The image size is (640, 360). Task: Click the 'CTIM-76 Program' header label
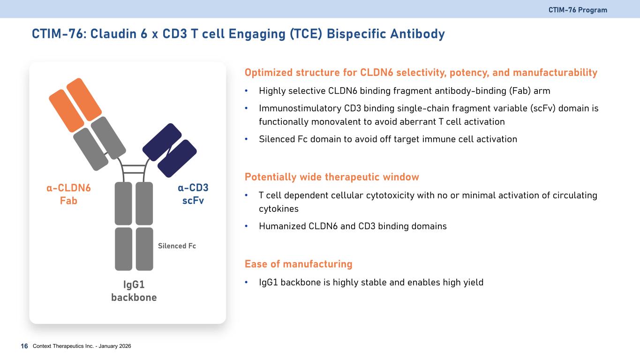coord(578,10)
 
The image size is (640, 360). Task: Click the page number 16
coord(24,346)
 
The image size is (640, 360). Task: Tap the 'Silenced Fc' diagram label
coord(177,246)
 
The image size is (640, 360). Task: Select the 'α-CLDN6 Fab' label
coord(68,194)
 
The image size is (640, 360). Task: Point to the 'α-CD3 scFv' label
coord(193,194)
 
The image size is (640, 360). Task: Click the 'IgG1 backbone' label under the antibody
coord(134,291)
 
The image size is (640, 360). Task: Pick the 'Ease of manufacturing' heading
coord(299,264)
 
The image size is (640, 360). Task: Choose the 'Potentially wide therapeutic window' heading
coord(332,177)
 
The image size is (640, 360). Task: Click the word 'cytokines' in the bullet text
coord(279,209)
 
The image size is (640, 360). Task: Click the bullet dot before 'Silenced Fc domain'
coord(246,139)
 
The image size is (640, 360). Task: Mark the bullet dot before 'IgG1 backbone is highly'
coord(246,282)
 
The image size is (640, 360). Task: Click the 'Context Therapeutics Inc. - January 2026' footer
coord(82,346)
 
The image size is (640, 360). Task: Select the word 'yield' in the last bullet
coord(473,283)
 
